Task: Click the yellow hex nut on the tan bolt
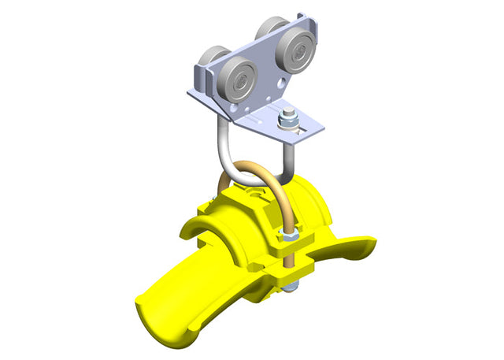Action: (x=286, y=236)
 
